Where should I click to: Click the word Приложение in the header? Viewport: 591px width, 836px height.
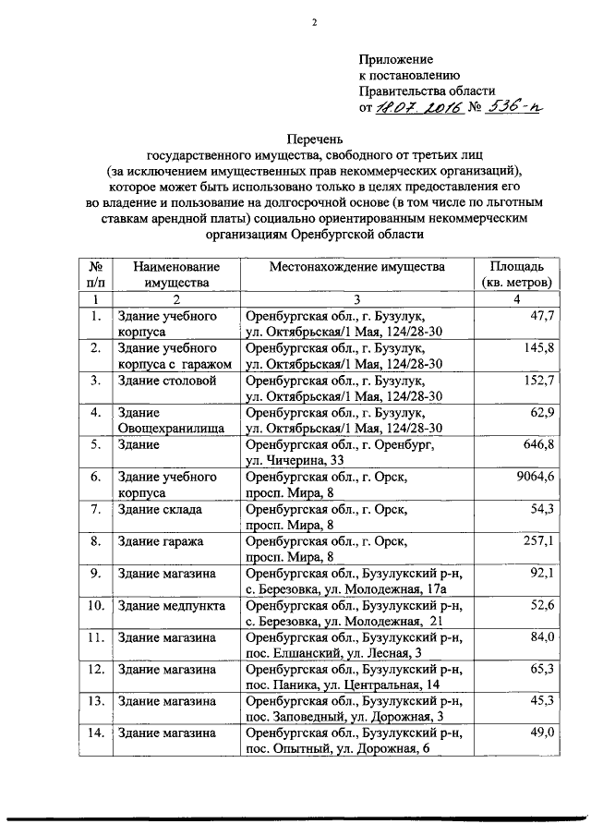396,58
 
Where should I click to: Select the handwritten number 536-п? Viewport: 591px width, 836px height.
514,107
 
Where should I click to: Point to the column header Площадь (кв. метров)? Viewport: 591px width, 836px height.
516,273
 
